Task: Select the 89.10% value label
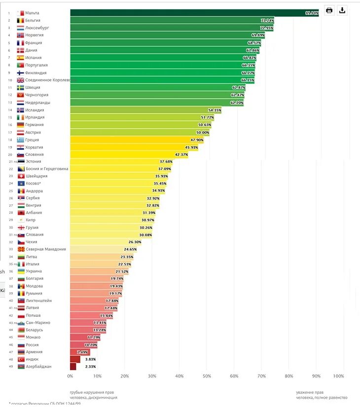312,13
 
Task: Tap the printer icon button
329,10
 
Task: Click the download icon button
342,10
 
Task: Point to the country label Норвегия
35,36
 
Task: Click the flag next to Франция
20,43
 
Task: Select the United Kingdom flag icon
20,80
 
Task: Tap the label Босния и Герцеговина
47,169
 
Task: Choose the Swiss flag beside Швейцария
21,176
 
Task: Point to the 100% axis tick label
339,376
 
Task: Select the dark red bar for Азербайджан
73,367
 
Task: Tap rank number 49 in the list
10,367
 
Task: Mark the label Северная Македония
45,249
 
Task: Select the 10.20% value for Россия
91,345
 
